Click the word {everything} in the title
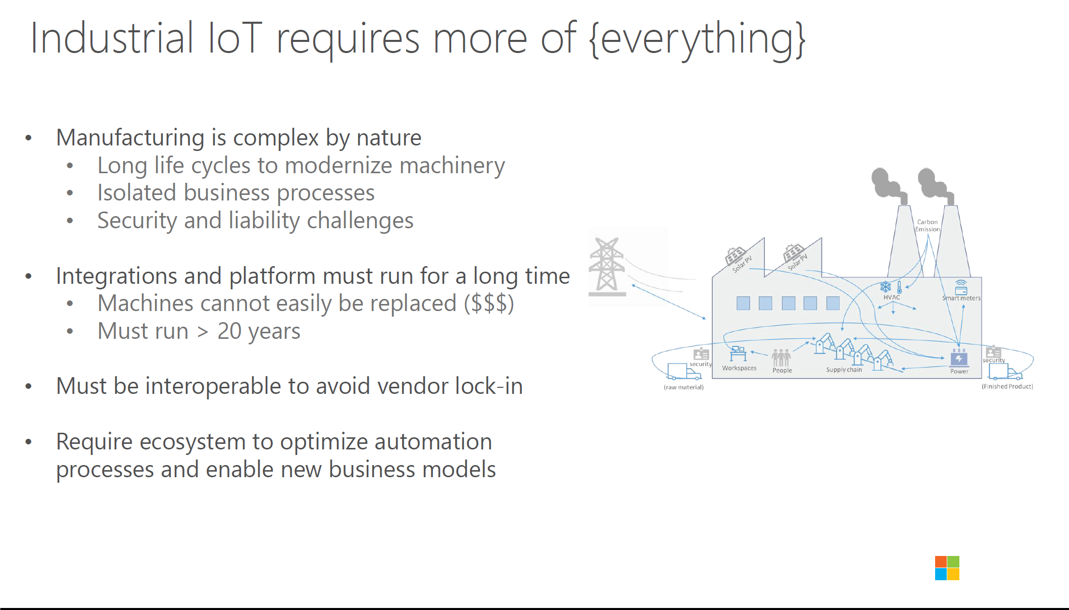[697, 39]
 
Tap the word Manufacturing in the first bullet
[130, 137]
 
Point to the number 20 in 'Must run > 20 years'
[229, 331]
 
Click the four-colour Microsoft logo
[947, 568]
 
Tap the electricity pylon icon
[607, 266]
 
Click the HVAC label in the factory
[892, 297]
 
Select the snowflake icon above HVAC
[886, 287]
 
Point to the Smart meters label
[961, 298]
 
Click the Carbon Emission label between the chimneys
[928, 226]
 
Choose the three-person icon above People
[781, 358]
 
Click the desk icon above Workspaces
[738, 353]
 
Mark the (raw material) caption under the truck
[684, 387]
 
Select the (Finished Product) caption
[1007, 386]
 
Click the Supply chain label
[844, 370]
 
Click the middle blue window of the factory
[788, 303]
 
